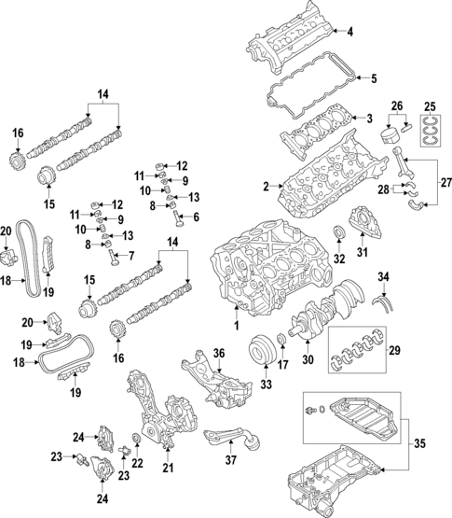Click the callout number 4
(350, 33)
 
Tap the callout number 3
(369, 119)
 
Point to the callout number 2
(265, 187)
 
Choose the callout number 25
(430, 105)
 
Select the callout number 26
(397, 105)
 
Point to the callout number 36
(219, 353)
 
